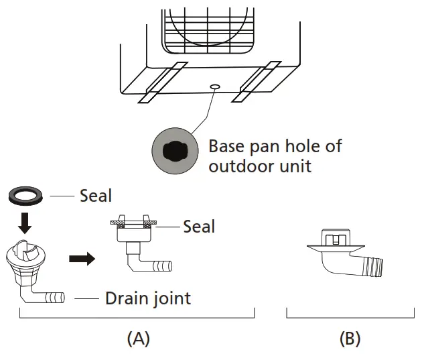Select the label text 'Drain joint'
pyautogui.click(x=147, y=298)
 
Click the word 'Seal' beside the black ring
pyautogui.click(x=96, y=196)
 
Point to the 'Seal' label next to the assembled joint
pyautogui.click(x=199, y=227)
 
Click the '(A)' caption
pyautogui.click(x=138, y=339)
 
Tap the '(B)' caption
pyautogui.click(x=350, y=339)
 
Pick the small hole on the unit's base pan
pyautogui.click(x=214, y=86)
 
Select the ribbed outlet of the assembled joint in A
pyautogui.click(x=162, y=266)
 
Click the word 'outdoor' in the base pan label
pyautogui.click(x=240, y=166)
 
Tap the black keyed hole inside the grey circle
pyautogui.click(x=173, y=152)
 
